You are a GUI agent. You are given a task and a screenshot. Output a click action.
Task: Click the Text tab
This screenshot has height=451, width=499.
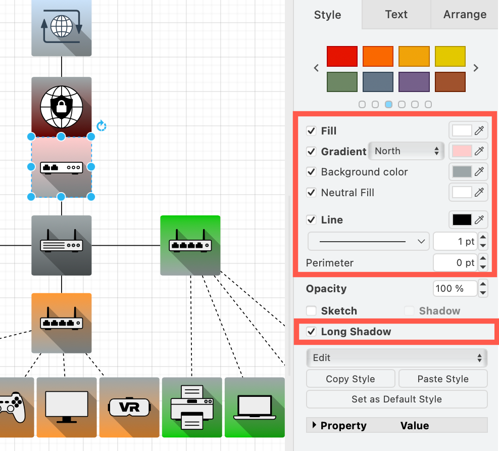(396, 15)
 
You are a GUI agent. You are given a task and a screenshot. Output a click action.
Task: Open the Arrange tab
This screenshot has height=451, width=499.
(465, 15)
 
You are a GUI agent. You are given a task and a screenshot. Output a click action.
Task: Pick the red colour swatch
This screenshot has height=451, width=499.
(342, 56)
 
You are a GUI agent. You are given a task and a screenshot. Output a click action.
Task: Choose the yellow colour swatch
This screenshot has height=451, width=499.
(450, 56)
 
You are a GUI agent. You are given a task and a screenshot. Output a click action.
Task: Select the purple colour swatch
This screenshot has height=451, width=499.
(414, 81)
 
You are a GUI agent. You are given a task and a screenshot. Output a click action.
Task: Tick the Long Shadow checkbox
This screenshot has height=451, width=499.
(311, 332)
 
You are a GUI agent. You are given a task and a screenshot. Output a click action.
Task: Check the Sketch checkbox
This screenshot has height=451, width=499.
(311, 311)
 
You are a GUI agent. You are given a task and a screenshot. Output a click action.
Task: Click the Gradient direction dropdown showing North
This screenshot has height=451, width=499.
(407, 151)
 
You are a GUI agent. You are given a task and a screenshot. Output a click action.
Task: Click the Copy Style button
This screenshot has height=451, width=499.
(351, 379)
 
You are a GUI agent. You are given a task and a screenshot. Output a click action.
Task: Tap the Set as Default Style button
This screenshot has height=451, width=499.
(396, 399)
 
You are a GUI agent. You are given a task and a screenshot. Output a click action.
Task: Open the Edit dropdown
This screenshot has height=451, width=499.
(396, 358)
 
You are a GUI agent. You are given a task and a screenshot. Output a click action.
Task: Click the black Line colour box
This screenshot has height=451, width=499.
(462, 220)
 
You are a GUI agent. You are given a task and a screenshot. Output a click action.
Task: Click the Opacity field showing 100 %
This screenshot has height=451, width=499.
(455, 289)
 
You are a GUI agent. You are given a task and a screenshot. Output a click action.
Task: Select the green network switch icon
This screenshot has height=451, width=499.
(190, 245)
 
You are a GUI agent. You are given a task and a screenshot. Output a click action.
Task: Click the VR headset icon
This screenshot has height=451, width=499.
(129, 407)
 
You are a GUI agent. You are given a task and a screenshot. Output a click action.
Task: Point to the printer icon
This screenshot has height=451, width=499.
(192, 407)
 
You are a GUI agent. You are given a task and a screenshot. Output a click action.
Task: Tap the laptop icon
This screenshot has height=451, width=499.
(255, 407)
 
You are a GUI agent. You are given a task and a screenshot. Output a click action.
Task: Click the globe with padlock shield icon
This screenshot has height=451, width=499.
(61, 107)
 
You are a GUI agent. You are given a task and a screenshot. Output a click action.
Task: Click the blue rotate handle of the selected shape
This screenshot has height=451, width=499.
(101, 125)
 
